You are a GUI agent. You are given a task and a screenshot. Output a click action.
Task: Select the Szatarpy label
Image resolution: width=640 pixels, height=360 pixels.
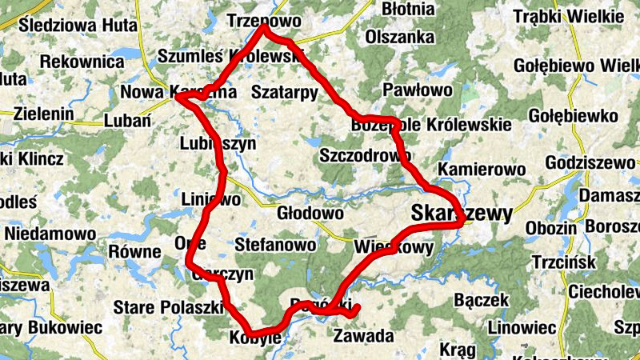point(284,92)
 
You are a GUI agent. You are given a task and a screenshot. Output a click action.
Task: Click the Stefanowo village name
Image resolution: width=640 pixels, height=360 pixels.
point(275,245)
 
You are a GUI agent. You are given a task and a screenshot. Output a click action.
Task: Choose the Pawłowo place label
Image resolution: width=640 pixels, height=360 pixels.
point(418,90)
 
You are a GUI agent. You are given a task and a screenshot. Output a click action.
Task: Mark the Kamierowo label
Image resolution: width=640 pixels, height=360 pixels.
point(482,170)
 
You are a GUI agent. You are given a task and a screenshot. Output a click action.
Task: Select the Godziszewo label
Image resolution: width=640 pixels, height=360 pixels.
point(589,162)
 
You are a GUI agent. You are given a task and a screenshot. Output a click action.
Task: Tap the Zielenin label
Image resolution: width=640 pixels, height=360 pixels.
point(38,114)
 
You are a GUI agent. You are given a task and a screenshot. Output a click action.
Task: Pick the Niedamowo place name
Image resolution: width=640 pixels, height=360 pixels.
point(50,234)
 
